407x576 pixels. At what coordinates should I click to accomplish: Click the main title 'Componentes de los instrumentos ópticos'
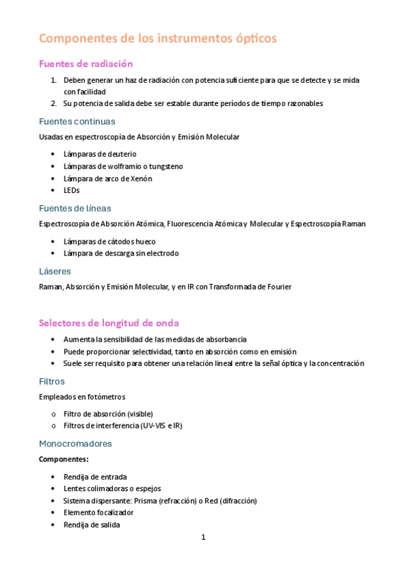point(158,39)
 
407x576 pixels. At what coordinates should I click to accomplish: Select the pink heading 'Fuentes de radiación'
point(86,64)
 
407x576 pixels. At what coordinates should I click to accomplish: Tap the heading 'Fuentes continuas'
point(77,122)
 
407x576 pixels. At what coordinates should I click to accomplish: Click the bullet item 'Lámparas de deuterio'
point(99,154)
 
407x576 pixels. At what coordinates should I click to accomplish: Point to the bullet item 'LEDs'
point(71,191)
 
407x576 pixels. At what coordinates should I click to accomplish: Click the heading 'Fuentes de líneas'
point(75,208)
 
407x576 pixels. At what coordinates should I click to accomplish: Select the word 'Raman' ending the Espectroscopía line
point(354,223)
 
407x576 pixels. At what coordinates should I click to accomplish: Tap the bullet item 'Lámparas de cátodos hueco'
point(109,241)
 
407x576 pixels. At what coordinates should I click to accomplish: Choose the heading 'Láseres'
point(55,271)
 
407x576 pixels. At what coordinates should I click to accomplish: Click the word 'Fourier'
point(278,287)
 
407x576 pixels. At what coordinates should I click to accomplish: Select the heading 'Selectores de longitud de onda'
point(109,323)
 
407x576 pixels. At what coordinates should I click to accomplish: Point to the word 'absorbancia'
point(225,339)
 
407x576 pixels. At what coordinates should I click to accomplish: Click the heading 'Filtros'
point(52,381)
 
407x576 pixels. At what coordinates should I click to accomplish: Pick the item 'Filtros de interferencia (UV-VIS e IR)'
point(123,426)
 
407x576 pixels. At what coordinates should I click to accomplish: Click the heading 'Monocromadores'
point(75,444)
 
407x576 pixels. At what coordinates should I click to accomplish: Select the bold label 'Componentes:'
point(59,459)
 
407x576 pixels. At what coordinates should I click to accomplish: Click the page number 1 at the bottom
point(202,537)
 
